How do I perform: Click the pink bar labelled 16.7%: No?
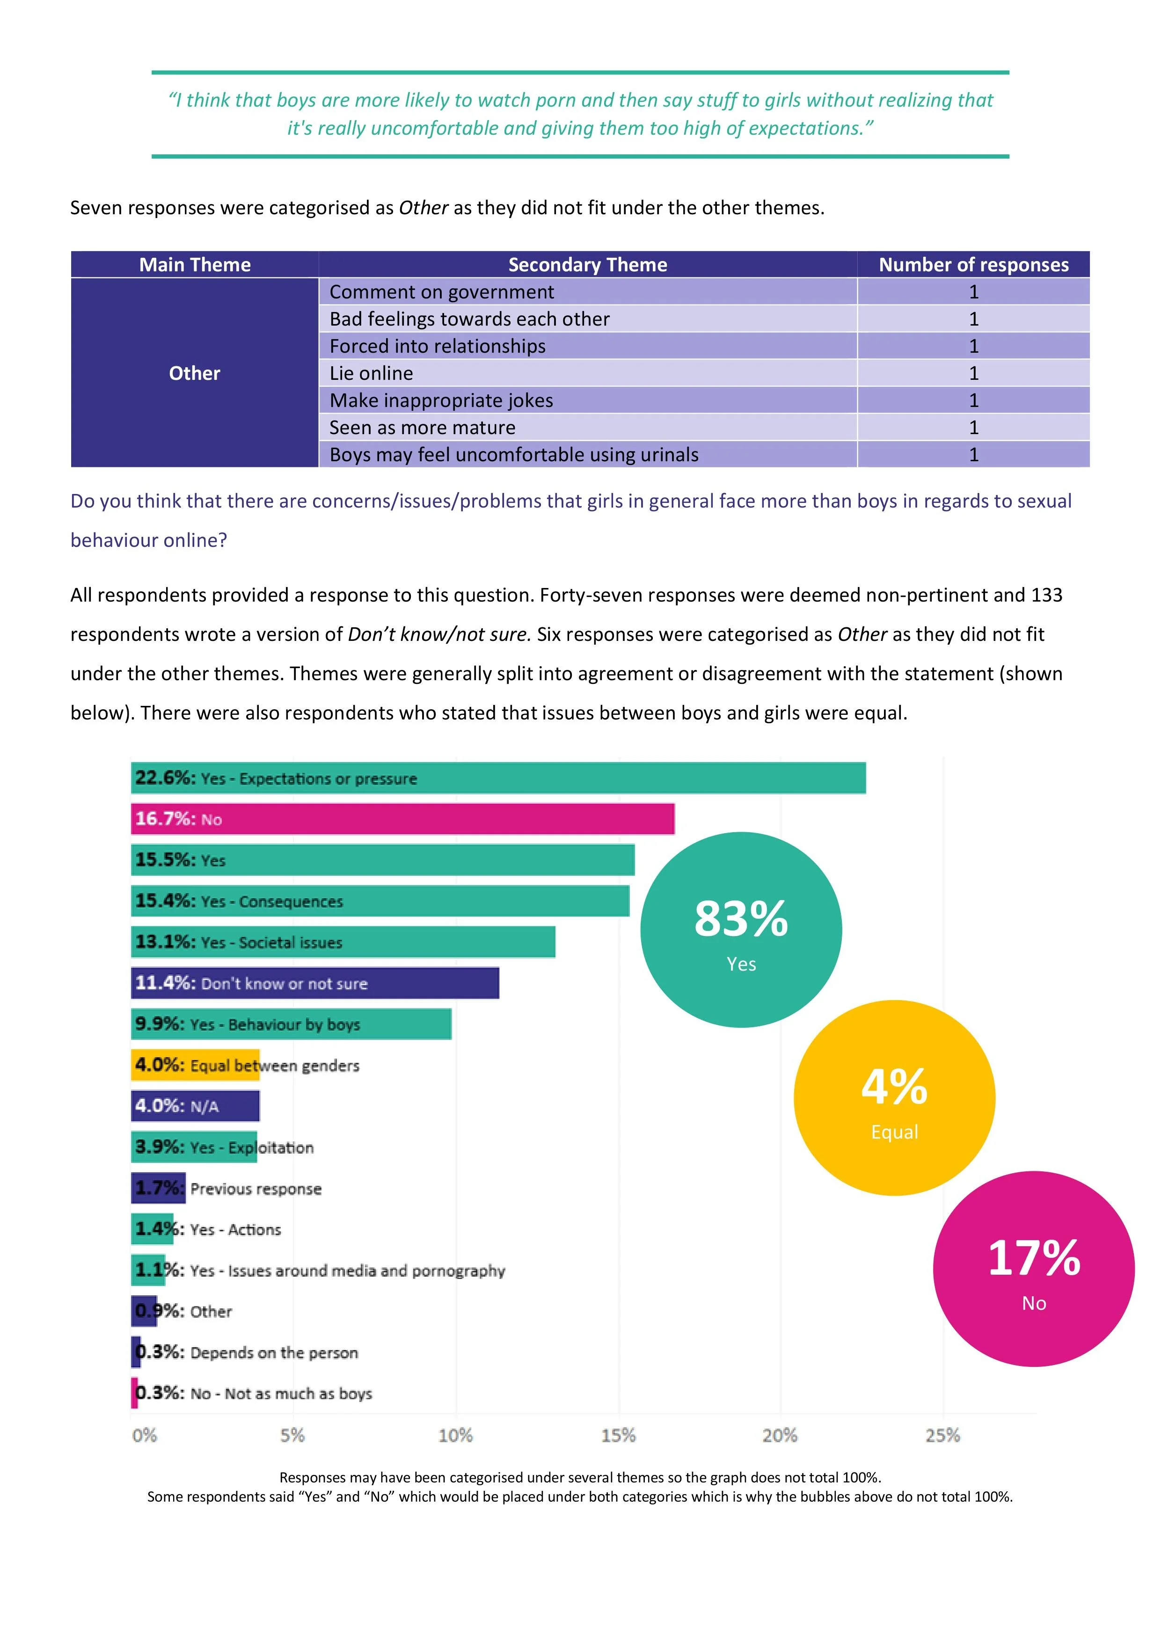click(x=402, y=819)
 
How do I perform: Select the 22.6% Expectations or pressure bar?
click(x=498, y=778)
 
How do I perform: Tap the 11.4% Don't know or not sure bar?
click(x=314, y=983)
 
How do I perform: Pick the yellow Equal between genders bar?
click(x=195, y=1065)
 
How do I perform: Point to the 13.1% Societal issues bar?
click(x=343, y=942)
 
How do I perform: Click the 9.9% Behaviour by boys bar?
click(x=291, y=1024)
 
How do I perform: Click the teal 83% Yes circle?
click(x=741, y=930)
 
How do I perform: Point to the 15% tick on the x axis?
click(x=618, y=1435)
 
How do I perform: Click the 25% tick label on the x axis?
click(x=942, y=1435)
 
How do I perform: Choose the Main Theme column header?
click(x=195, y=264)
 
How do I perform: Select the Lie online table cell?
click(x=371, y=373)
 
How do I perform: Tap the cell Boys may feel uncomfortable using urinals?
click(x=514, y=455)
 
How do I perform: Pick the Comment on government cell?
click(x=441, y=291)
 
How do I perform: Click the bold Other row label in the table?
click(x=195, y=373)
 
